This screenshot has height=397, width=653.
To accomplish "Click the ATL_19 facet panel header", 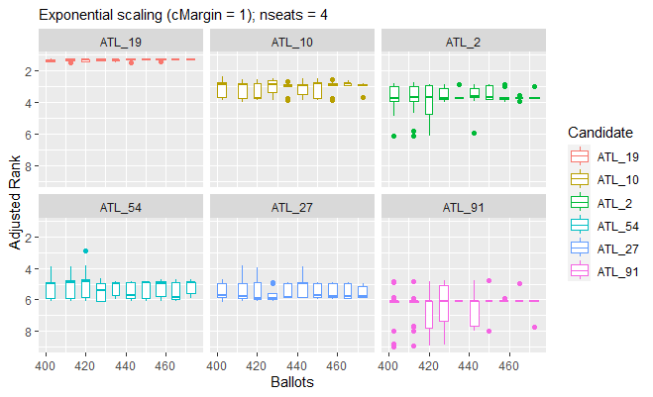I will (x=121, y=43).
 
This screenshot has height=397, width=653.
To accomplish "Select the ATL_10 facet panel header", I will (x=291, y=43).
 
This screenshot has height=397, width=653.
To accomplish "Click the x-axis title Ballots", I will (x=291, y=380).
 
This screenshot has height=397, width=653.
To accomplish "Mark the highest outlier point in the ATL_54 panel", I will (x=86, y=251).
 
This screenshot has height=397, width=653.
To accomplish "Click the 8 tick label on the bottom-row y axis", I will (x=29, y=332).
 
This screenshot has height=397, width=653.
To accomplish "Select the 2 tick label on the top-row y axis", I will (x=29, y=72).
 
